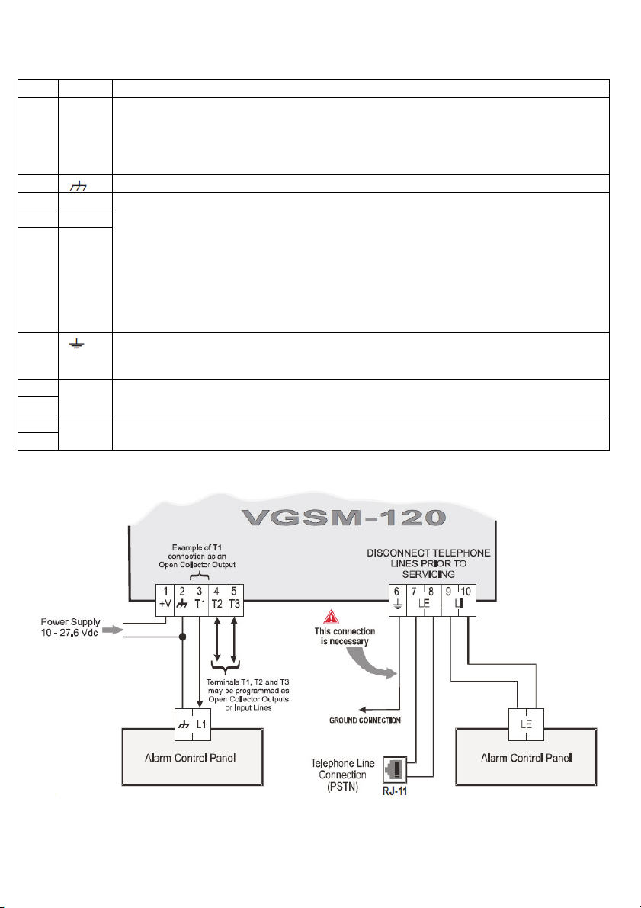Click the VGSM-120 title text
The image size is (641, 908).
click(344, 517)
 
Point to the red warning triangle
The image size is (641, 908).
click(332, 617)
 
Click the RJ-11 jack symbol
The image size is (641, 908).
click(395, 770)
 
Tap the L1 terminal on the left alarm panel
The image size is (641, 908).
click(201, 724)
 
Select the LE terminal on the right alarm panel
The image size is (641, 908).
click(527, 724)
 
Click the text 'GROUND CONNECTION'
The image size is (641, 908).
click(365, 720)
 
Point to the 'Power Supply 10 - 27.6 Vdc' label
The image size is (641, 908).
click(70, 627)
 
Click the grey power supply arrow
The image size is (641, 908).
click(114, 630)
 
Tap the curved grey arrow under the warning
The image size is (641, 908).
click(370, 663)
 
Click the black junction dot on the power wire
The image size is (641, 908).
click(182, 637)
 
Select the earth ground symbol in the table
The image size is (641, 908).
click(76, 344)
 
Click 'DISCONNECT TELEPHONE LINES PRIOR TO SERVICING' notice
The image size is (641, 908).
click(428, 563)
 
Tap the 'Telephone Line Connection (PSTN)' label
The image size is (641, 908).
click(343, 775)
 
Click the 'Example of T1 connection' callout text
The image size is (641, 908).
click(197, 556)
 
